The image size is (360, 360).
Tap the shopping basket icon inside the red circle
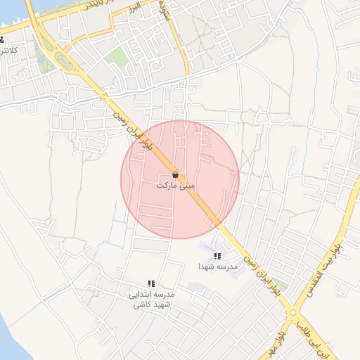click(x=175, y=174)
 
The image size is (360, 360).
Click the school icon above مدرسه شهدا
click(x=217, y=256)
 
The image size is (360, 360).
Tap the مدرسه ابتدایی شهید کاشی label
click(x=151, y=300)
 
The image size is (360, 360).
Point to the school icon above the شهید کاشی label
click(x=151, y=283)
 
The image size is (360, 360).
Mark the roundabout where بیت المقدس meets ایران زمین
click(x=292, y=312)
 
